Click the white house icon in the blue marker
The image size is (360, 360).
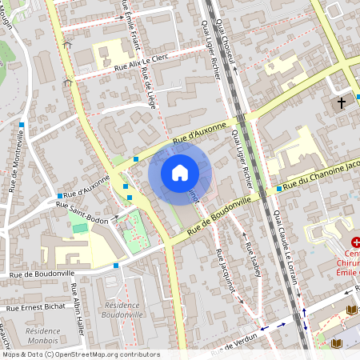(180, 172)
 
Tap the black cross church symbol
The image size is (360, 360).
(342, 103)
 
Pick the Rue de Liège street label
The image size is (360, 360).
(147, 89)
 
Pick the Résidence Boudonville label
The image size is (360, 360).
(132, 310)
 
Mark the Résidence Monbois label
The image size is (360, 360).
(43, 335)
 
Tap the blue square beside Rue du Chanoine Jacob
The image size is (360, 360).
(278, 189)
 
